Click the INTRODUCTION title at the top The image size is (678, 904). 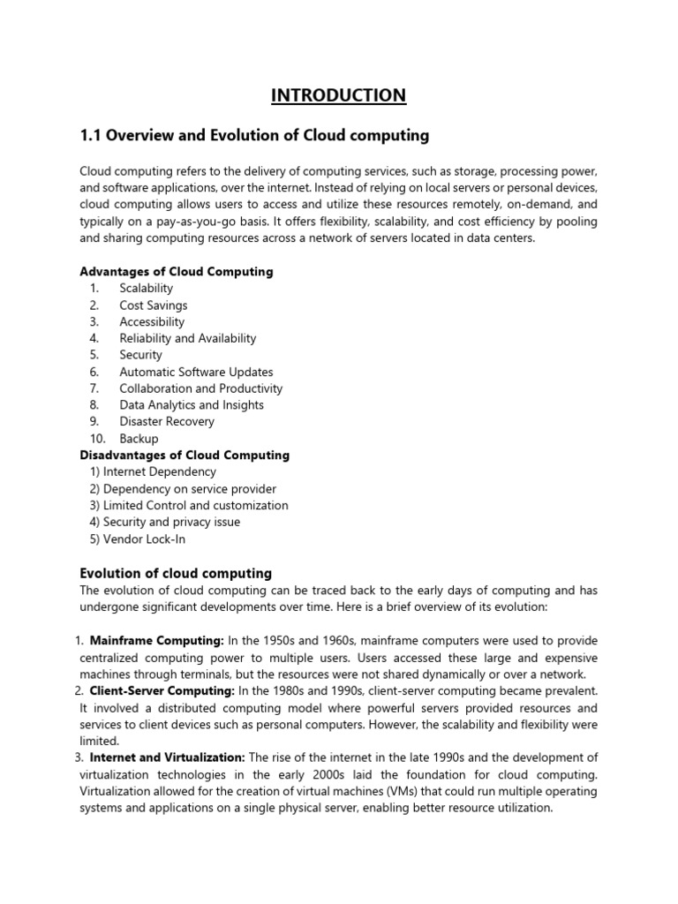coord(339,95)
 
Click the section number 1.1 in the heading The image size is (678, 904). coord(92,136)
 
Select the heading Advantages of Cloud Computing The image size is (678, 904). coord(177,272)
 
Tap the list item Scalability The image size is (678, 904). coord(147,289)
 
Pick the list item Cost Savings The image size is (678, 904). coord(154,305)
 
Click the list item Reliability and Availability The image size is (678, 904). coord(188,338)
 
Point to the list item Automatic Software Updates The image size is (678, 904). coord(197,372)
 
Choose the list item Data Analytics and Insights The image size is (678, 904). coord(192,405)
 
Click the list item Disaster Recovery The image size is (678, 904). coord(167,422)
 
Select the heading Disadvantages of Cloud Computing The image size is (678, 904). coord(185,456)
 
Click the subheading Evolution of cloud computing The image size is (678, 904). coord(176,574)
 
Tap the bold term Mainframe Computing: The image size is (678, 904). coord(157,641)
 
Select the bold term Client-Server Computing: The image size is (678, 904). coord(162,690)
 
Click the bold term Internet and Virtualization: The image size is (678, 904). coord(168,757)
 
